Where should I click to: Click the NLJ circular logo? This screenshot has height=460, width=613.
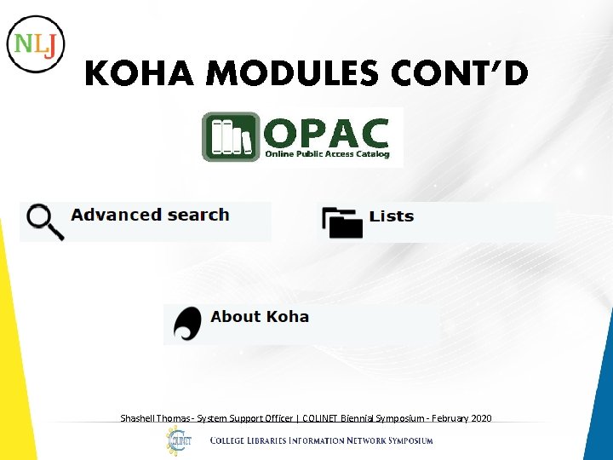click(x=36, y=43)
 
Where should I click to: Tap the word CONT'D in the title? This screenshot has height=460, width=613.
click(x=460, y=76)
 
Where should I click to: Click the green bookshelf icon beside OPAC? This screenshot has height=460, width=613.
click(x=231, y=136)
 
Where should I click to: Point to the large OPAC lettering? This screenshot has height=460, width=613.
click(x=327, y=132)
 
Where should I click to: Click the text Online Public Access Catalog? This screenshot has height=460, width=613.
click(x=327, y=154)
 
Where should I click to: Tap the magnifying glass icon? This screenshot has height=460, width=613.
click(x=44, y=221)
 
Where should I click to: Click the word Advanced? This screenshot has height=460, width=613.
click(x=116, y=215)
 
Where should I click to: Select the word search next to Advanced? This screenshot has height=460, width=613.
click(x=197, y=215)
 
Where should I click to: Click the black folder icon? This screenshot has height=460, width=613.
click(x=342, y=221)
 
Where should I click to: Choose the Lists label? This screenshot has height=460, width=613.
click(x=392, y=216)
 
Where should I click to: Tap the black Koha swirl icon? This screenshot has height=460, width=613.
click(x=187, y=324)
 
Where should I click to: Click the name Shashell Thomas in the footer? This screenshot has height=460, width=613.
click(x=154, y=418)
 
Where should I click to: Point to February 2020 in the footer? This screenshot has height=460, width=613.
click(x=461, y=418)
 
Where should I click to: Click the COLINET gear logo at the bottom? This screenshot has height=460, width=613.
click(x=179, y=440)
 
